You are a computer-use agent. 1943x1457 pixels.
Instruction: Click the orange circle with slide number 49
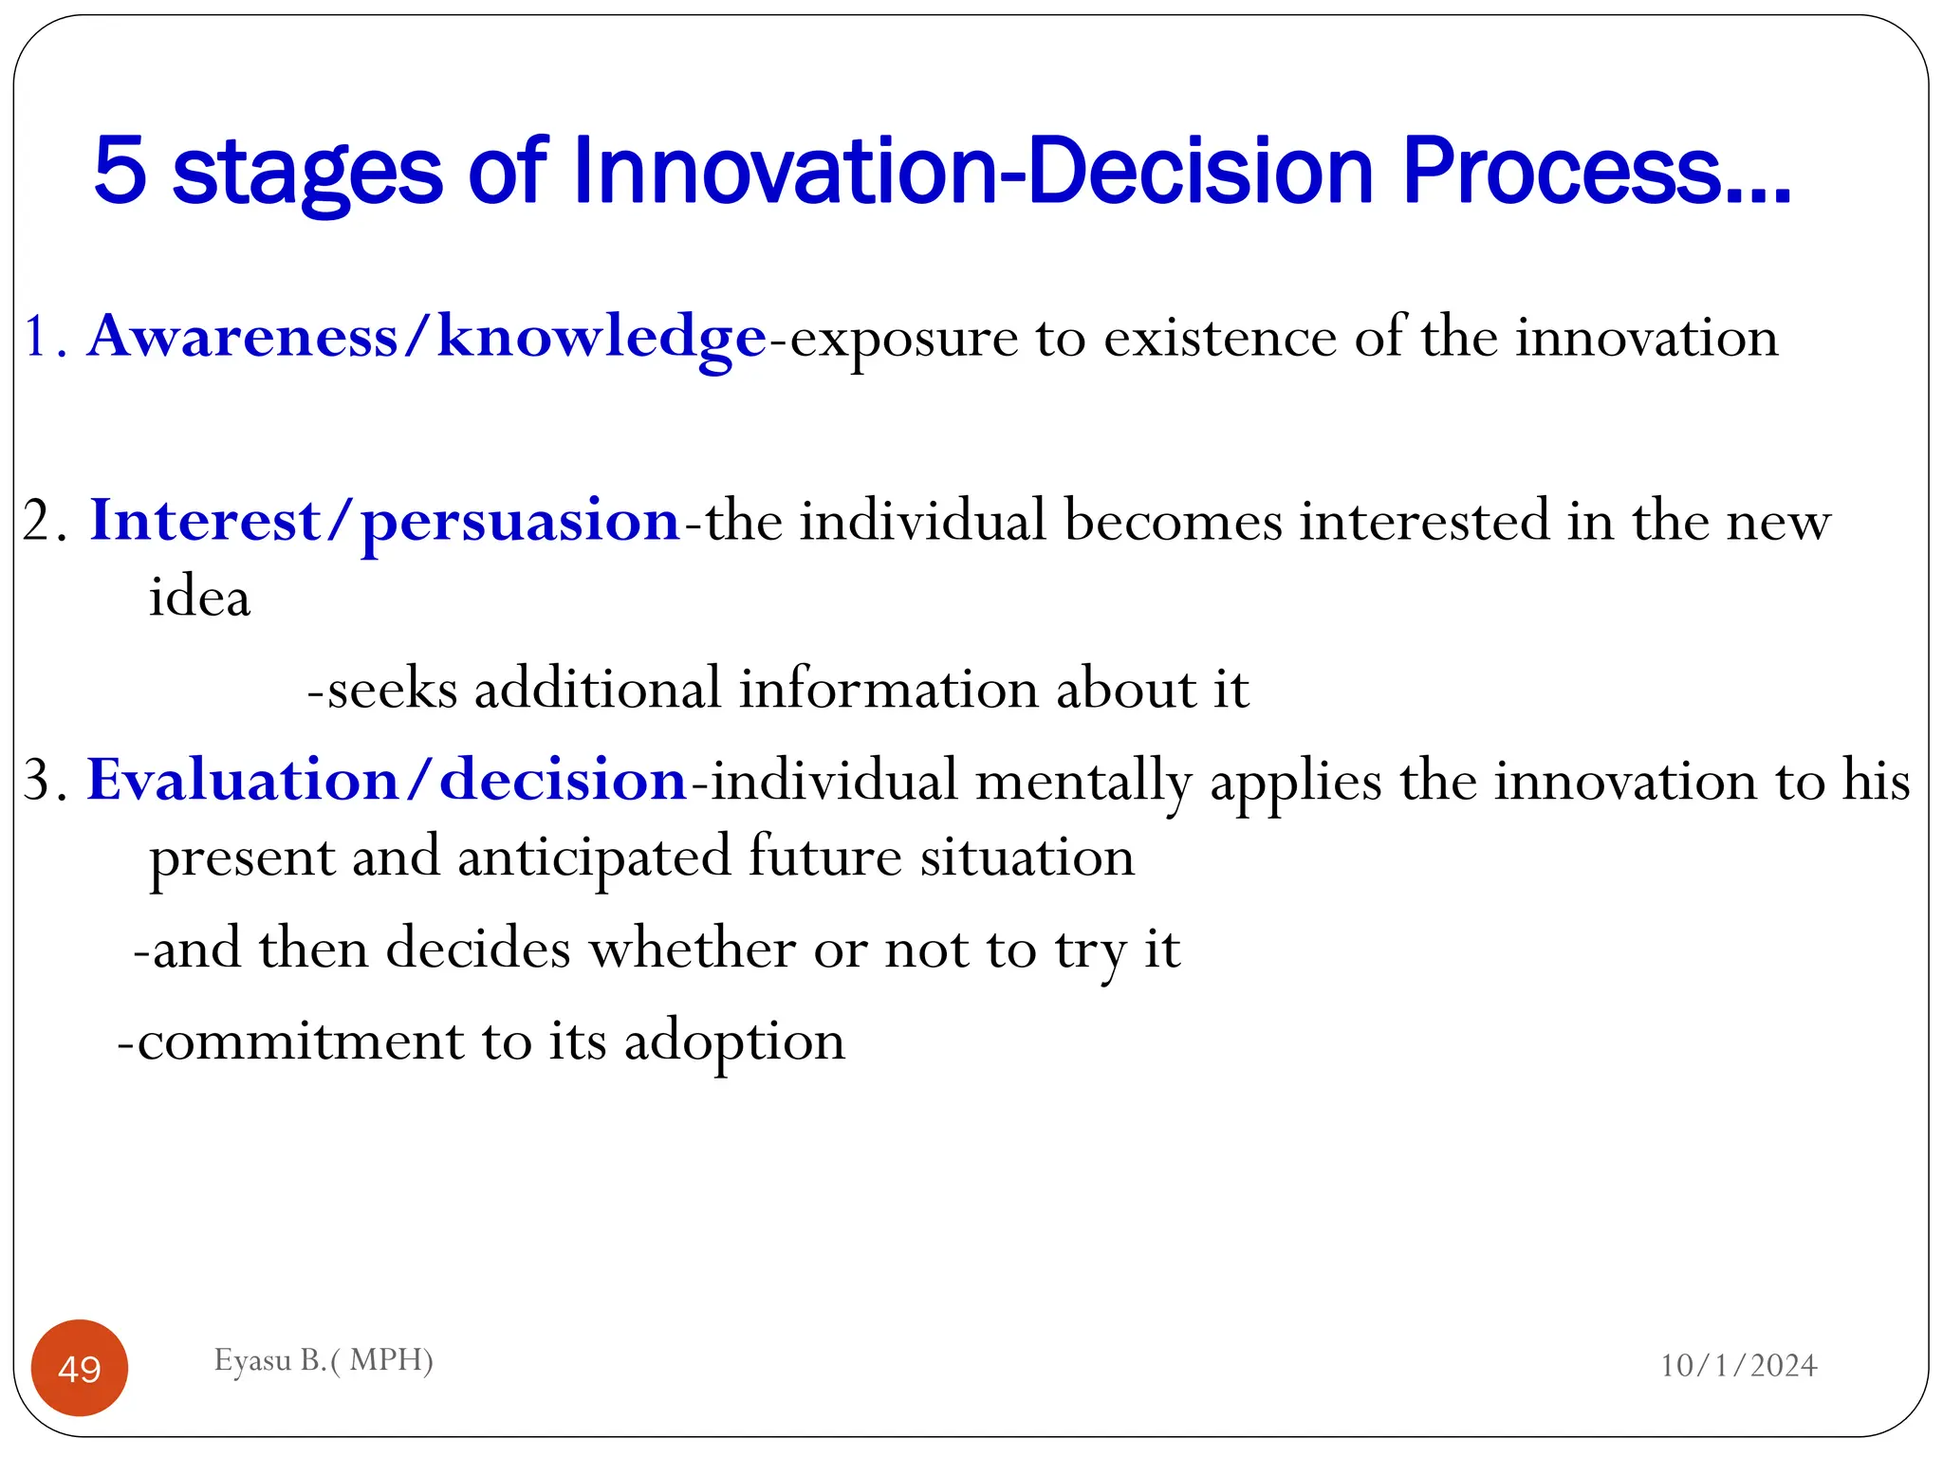(x=80, y=1368)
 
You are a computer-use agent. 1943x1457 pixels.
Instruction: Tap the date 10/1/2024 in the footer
(x=1738, y=1365)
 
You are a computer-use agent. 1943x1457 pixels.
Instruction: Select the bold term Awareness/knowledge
(x=427, y=337)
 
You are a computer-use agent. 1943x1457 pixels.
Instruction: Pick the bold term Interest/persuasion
(x=385, y=521)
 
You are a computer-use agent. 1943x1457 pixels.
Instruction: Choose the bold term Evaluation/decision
(x=387, y=781)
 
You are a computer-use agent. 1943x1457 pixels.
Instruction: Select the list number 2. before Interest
(x=45, y=522)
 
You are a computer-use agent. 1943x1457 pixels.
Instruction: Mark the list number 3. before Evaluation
(x=45, y=782)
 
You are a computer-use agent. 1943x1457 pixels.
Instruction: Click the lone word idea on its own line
(x=199, y=598)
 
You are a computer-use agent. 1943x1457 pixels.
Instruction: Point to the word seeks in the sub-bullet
(x=392, y=689)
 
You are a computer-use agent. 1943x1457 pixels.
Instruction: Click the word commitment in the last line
(x=300, y=1041)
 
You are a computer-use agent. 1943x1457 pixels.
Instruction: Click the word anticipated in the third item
(x=594, y=858)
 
